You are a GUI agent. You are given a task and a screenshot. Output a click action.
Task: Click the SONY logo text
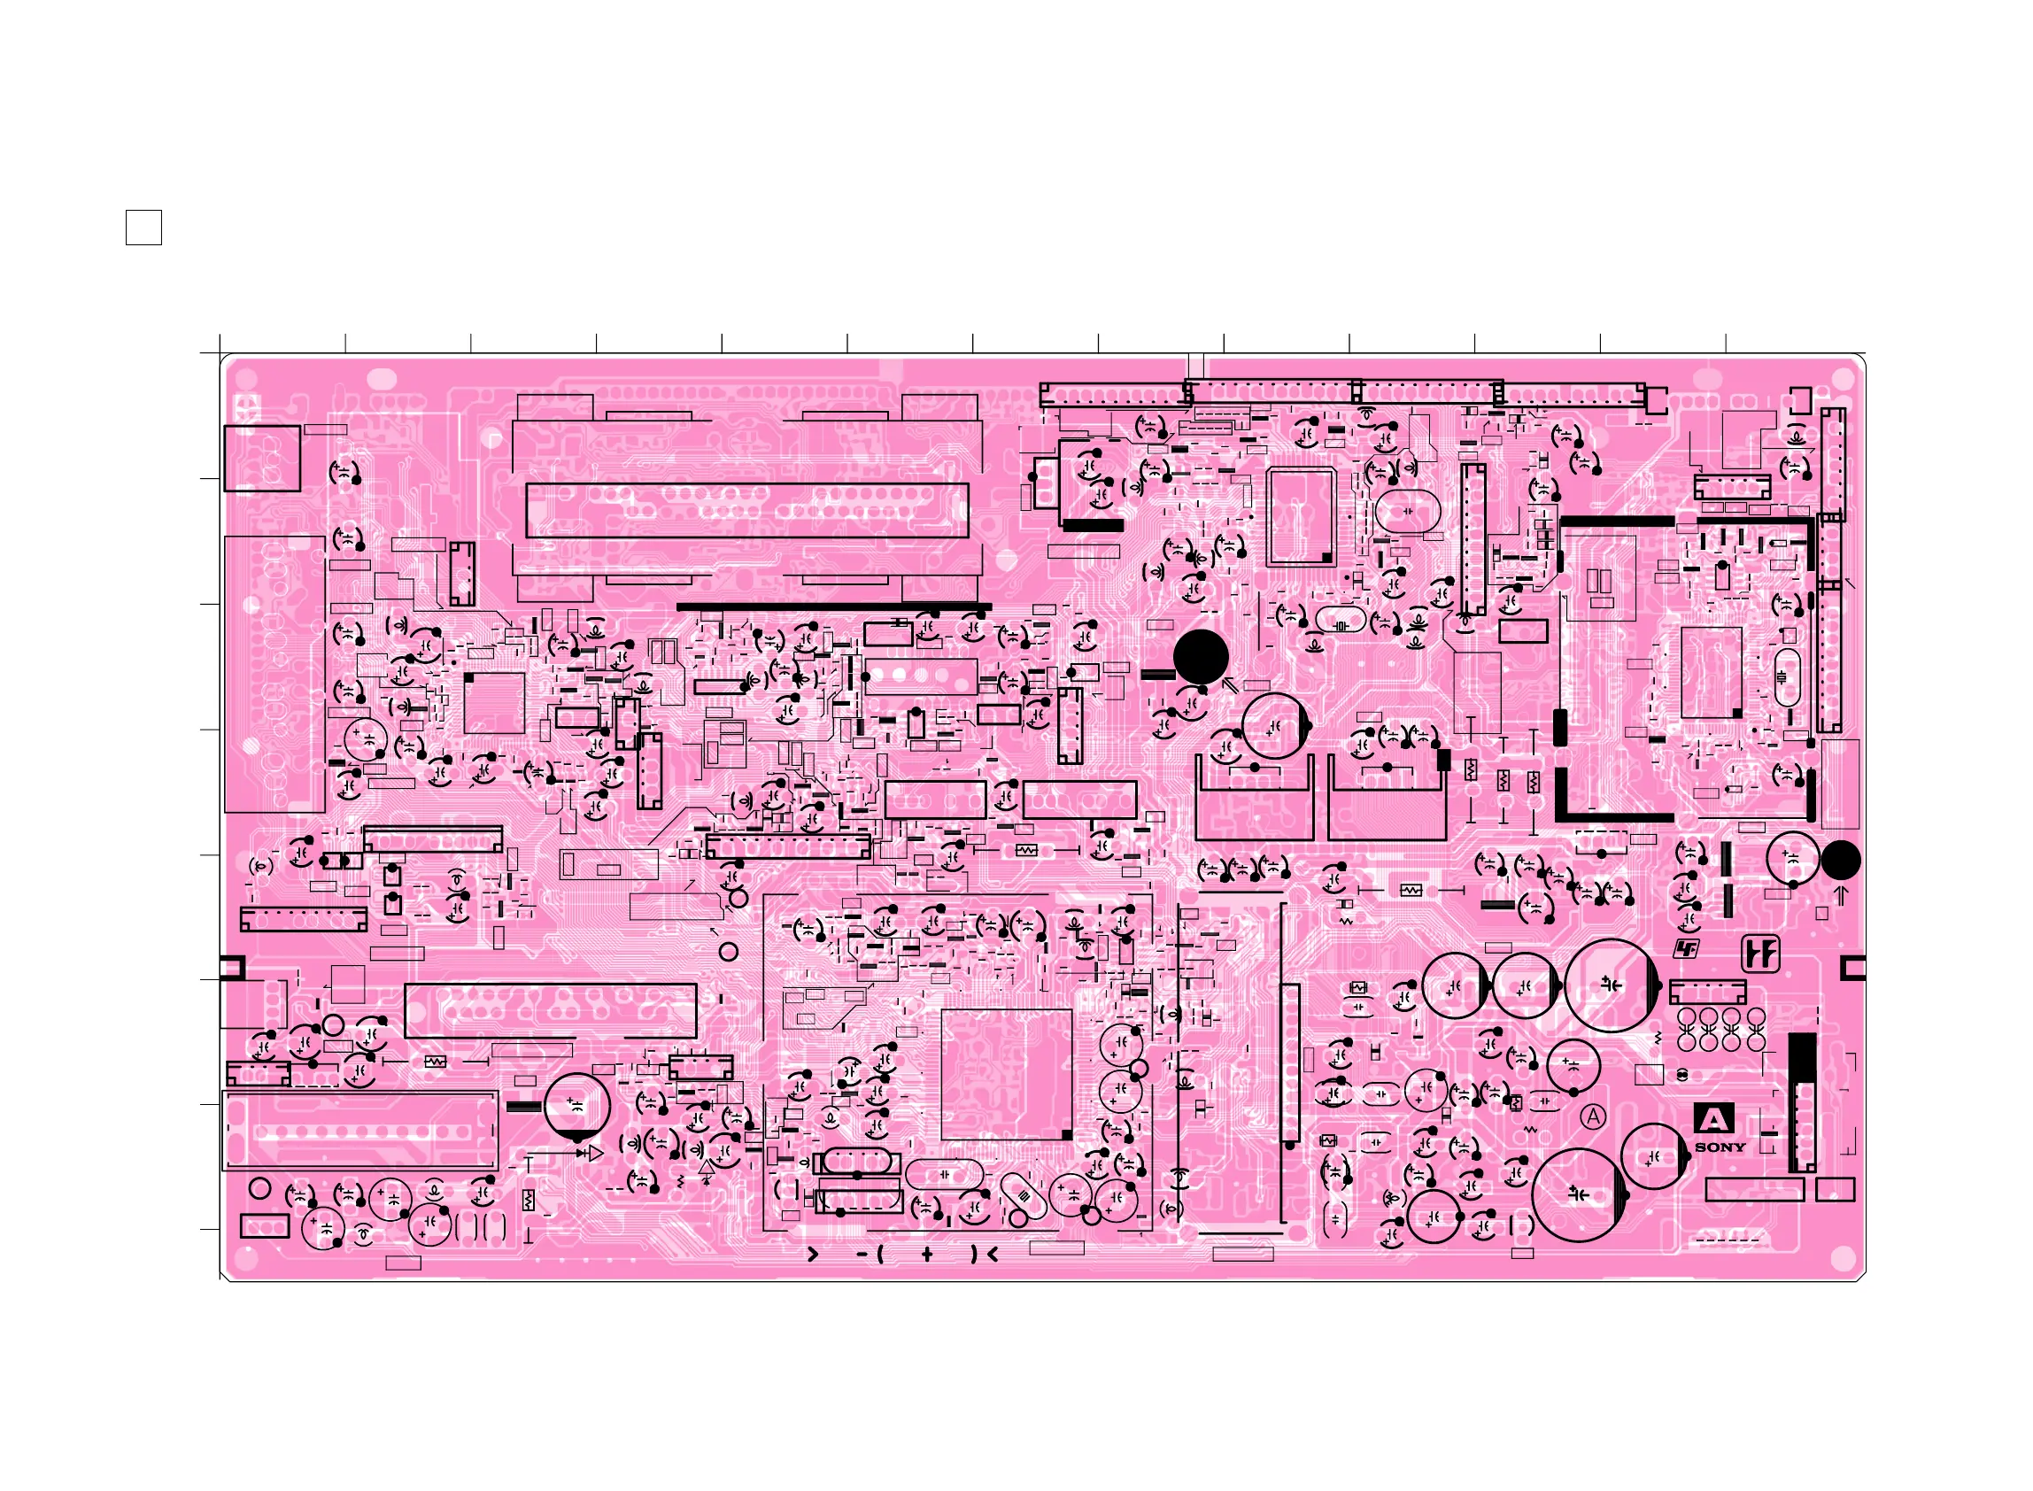coord(1719,1147)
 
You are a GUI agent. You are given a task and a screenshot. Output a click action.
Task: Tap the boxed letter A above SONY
coord(1712,1120)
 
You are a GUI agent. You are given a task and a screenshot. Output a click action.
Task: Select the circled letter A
coord(1594,1117)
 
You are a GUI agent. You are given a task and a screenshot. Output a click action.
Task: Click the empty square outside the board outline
coord(143,228)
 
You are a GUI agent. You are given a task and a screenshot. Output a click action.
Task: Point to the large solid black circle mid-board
coord(1200,656)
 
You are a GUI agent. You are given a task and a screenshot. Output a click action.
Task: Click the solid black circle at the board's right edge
coord(1840,860)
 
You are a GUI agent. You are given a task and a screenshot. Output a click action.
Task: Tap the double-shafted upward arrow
coord(1841,895)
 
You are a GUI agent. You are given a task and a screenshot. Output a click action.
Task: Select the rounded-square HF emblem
coord(1759,954)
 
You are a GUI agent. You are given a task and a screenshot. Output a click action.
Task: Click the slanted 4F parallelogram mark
coord(1686,948)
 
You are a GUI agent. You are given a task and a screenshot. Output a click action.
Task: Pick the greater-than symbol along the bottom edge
coord(812,1255)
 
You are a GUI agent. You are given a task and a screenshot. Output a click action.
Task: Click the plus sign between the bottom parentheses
coord(927,1255)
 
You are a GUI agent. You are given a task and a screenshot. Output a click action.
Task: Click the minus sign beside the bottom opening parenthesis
coord(862,1255)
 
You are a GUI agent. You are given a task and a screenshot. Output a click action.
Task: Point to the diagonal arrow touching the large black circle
coord(1229,685)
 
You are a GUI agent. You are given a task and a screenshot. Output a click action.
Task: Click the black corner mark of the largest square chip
coord(1067,1134)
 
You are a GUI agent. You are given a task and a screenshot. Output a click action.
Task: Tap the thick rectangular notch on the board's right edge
coord(1852,969)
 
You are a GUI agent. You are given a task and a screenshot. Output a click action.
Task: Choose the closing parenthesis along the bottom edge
coord(974,1255)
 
